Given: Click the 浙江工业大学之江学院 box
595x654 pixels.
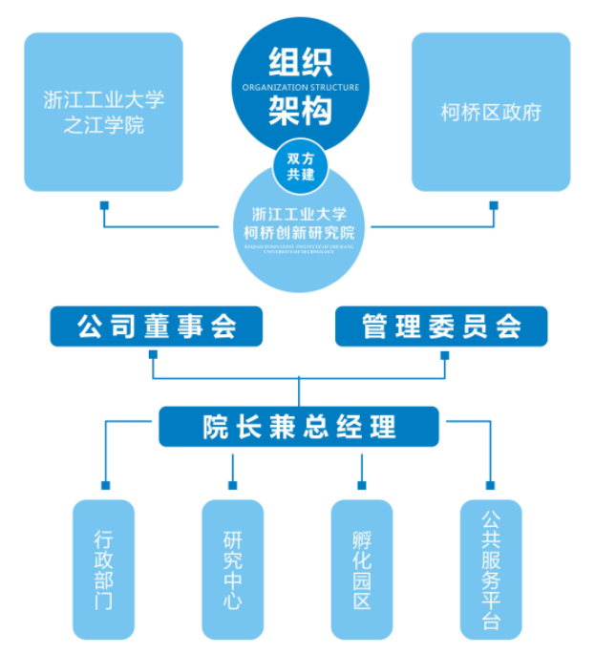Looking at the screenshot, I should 103,112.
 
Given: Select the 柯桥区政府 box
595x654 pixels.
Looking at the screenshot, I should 491,112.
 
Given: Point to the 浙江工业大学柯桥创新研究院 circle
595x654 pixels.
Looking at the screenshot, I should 300,229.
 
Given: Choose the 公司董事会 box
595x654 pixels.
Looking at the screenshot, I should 157,327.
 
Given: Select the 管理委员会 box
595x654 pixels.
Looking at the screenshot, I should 441,327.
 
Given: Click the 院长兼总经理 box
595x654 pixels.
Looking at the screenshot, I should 299,427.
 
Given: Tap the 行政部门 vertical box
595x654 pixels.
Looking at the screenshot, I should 104,569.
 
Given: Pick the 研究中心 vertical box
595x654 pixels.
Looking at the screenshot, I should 232,569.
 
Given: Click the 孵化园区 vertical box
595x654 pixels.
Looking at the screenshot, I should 361,569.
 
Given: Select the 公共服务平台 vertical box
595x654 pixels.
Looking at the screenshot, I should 490,569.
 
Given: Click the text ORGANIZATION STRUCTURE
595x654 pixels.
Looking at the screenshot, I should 300,88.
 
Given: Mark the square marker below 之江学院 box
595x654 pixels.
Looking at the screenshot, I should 104,204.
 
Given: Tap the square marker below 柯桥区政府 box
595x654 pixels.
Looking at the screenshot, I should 493,204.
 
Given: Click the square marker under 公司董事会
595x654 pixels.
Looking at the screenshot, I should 154,355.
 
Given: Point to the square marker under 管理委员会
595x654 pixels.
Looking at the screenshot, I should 444,355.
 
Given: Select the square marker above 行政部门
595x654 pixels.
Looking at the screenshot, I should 104,485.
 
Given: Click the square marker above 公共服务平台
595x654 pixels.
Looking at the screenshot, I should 490,485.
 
